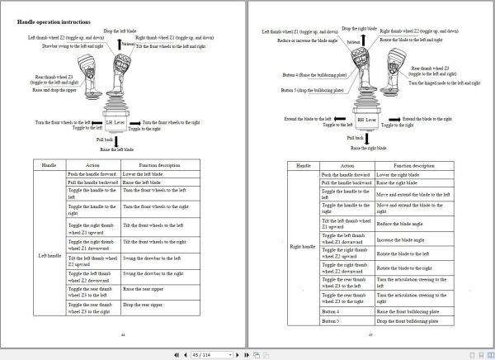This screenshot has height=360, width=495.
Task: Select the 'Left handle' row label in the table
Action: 49,255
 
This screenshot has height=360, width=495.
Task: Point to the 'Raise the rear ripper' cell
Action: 144,291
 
